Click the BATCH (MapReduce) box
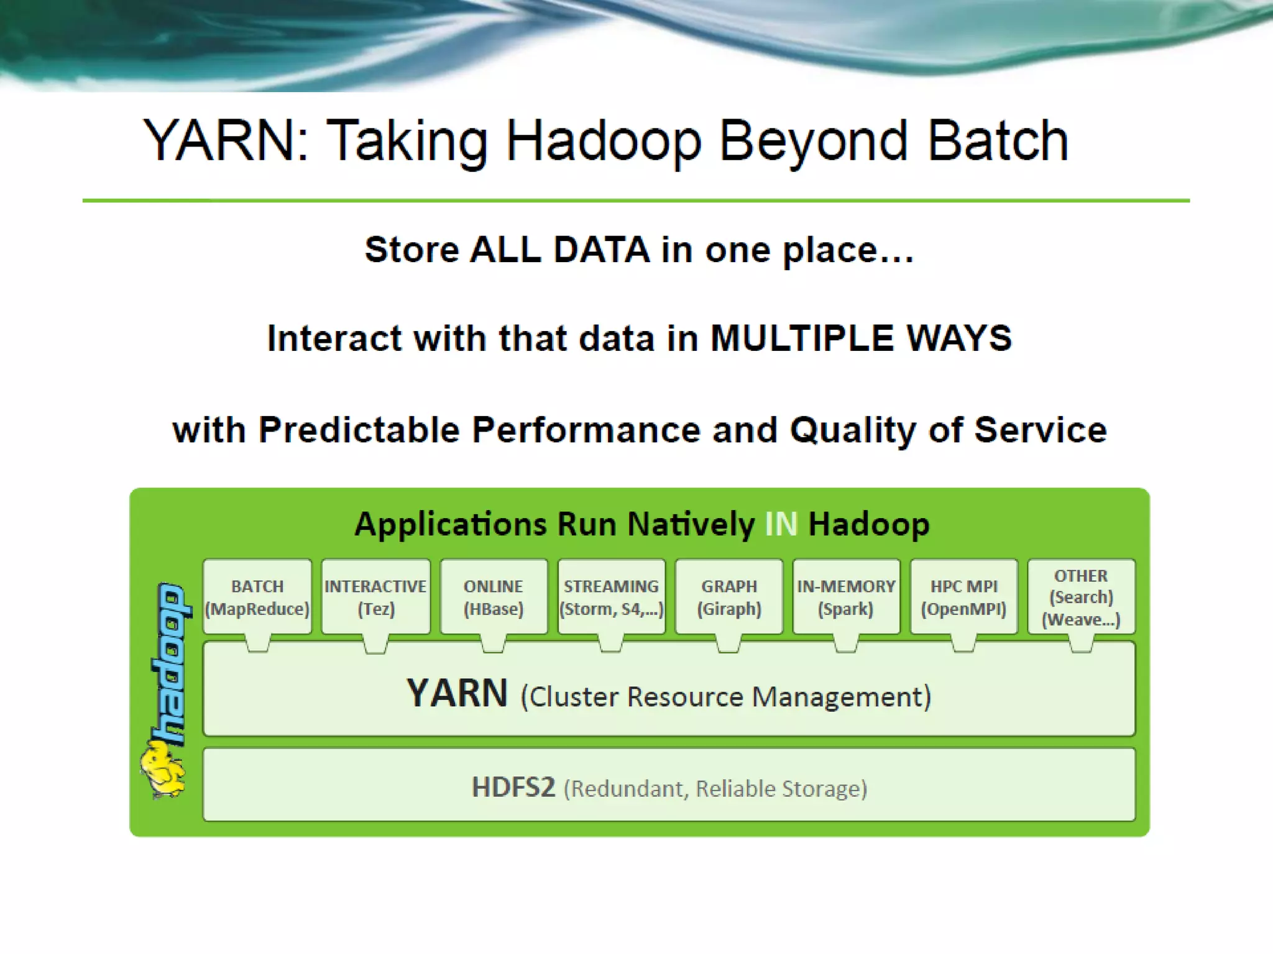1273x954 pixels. coord(257,597)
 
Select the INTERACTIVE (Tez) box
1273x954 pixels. coord(375,597)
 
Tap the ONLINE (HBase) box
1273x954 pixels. coord(494,597)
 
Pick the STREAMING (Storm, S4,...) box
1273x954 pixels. coord(611,597)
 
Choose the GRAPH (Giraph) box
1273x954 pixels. coord(728,597)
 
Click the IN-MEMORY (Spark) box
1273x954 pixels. coord(846,597)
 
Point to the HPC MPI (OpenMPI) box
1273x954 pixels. coord(963,597)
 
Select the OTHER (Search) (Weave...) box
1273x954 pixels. coord(1081,597)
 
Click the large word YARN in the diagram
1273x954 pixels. coord(457,694)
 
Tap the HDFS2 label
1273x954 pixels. coord(513,788)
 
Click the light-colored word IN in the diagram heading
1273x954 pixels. coord(781,524)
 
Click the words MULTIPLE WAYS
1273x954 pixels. coord(861,338)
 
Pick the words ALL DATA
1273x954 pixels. coord(559,250)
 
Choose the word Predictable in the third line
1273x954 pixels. coord(359,430)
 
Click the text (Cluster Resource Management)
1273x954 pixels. coord(726,697)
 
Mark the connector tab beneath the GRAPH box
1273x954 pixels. coord(728,643)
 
